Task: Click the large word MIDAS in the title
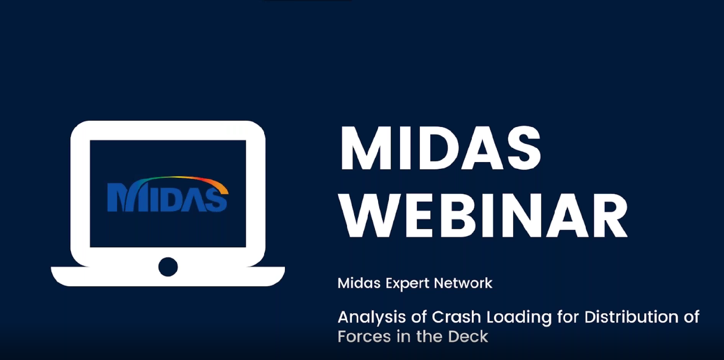[x=440, y=149]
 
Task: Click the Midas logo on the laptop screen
[x=168, y=194]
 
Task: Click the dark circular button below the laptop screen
[x=168, y=267]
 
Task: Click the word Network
[x=463, y=283]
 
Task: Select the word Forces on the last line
[x=364, y=337]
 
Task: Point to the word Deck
[x=468, y=337]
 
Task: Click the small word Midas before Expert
[x=359, y=283]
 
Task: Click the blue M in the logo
[x=120, y=197]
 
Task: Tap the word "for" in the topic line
[x=568, y=317]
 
